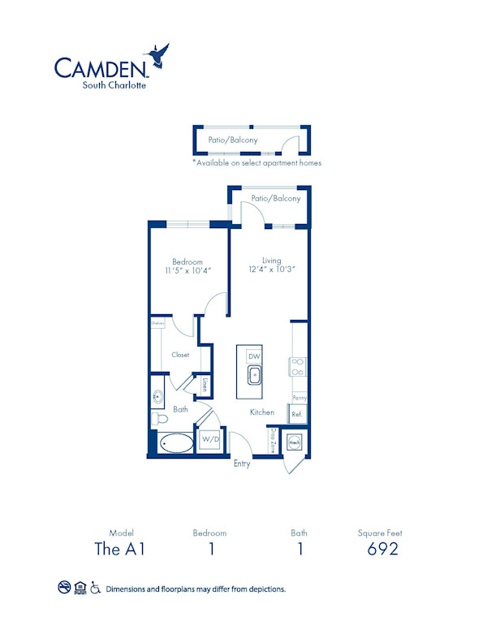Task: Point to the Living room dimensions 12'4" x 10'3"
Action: click(x=271, y=270)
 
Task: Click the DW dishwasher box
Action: click(x=254, y=356)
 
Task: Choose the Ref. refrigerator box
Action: click(x=297, y=412)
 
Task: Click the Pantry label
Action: click(x=300, y=398)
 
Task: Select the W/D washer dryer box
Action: click(x=210, y=439)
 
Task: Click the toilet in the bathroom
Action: click(x=159, y=419)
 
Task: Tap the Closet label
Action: click(x=180, y=355)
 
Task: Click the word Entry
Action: click(x=242, y=464)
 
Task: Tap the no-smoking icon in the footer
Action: click(x=64, y=588)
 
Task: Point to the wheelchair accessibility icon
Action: click(x=95, y=588)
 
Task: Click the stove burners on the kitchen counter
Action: click(x=297, y=366)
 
